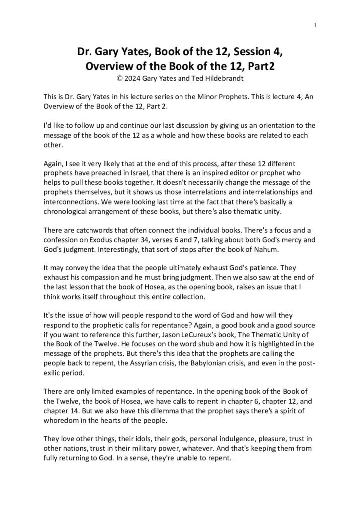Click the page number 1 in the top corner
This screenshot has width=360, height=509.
click(x=315, y=25)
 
